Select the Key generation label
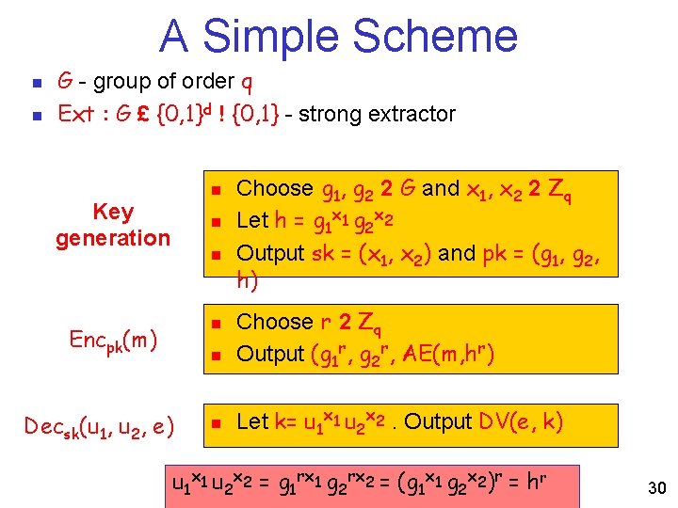pyautogui.click(x=113, y=225)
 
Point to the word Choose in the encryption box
pyautogui.click(x=274, y=322)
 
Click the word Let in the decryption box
pyautogui.click(x=253, y=423)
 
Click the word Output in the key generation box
pyautogui.click(x=270, y=253)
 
